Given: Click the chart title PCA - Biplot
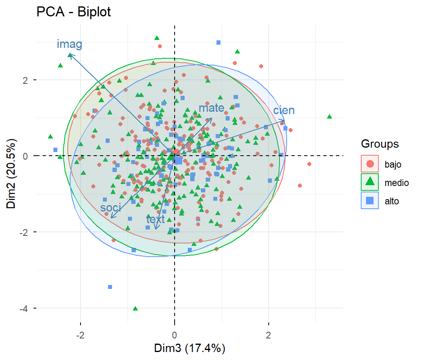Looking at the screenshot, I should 73,12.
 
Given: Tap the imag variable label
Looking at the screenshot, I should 69,44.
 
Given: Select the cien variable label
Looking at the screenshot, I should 284,110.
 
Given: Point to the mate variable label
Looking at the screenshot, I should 211,107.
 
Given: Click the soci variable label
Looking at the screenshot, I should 110,207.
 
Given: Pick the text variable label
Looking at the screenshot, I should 155,219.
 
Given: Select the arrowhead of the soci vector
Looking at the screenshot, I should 112,218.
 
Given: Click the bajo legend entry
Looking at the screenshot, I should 393,164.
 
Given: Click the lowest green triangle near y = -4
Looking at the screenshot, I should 135,309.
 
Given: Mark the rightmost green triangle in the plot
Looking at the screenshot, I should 329,117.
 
